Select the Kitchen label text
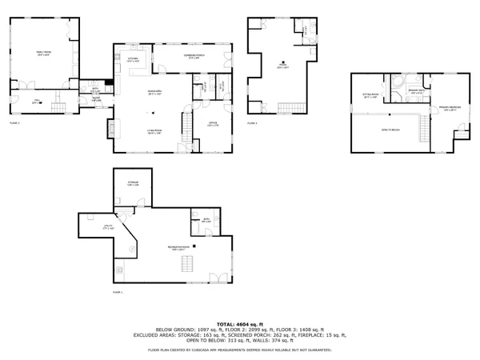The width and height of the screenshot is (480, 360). click(x=134, y=58)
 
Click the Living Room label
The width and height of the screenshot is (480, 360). click(x=155, y=133)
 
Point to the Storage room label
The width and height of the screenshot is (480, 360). click(x=134, y=183)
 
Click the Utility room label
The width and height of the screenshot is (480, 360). click(x=110, y=228)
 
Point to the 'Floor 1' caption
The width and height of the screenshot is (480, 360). click(x=118, y=293)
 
